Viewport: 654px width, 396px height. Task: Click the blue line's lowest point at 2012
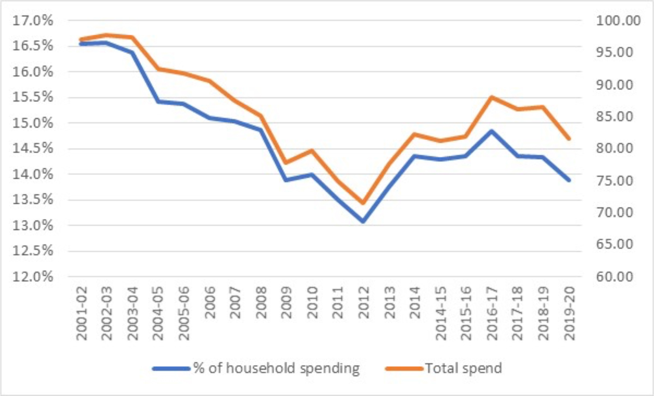click(363, 221)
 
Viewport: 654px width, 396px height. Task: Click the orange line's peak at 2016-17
click(491, 97)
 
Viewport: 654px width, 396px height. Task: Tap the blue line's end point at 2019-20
click(569, 180)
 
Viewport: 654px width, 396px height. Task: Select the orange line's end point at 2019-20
click(569, 139)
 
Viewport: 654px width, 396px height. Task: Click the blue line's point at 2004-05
click(158, 102)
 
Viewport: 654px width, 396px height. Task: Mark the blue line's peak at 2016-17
click(491, 131)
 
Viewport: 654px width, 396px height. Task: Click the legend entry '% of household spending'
click(277, 369)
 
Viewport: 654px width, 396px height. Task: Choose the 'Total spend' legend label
click(464, 369)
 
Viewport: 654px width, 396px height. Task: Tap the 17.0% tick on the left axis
click(33, 20)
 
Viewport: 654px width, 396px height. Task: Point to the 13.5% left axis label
click(33, 200)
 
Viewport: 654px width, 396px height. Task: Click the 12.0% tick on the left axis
click(33, 277)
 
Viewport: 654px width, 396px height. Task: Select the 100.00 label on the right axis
click(618, 20)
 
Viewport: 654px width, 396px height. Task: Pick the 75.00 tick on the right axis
click(614, 180)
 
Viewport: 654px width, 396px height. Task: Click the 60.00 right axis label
click(614, 277)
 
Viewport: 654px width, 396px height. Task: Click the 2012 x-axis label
click(363, 303)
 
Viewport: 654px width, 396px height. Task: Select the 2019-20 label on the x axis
click(569, 313)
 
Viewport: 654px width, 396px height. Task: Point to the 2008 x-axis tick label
click(261, 303)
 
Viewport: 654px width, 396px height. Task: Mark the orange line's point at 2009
click(286, 163)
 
